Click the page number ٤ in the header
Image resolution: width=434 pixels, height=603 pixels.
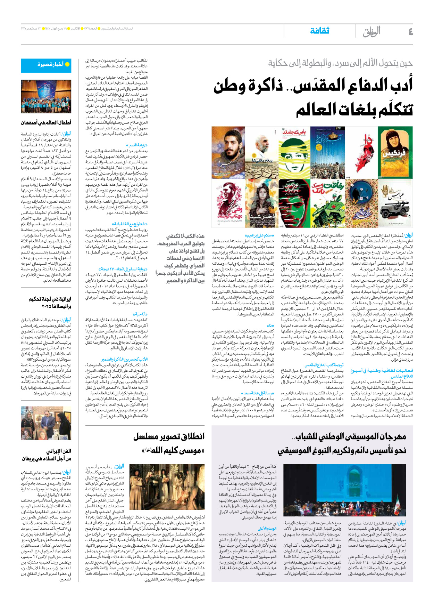click(x=410, y=32)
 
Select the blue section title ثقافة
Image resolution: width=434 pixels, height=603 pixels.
click(x=319, y=31)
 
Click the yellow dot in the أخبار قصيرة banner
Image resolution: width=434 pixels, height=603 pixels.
click(x=67, y=64)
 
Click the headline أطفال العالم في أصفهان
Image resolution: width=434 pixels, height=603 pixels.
click(x=46, y=122)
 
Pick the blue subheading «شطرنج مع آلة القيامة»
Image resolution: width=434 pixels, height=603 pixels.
click(x=130, y=224)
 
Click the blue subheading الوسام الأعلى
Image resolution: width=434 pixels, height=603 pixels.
click(x=267, y=528)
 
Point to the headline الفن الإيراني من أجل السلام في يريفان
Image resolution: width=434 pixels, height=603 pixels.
click(x=47, y=455)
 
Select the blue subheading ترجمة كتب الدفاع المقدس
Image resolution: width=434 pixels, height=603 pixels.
click(x=324, y=365)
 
